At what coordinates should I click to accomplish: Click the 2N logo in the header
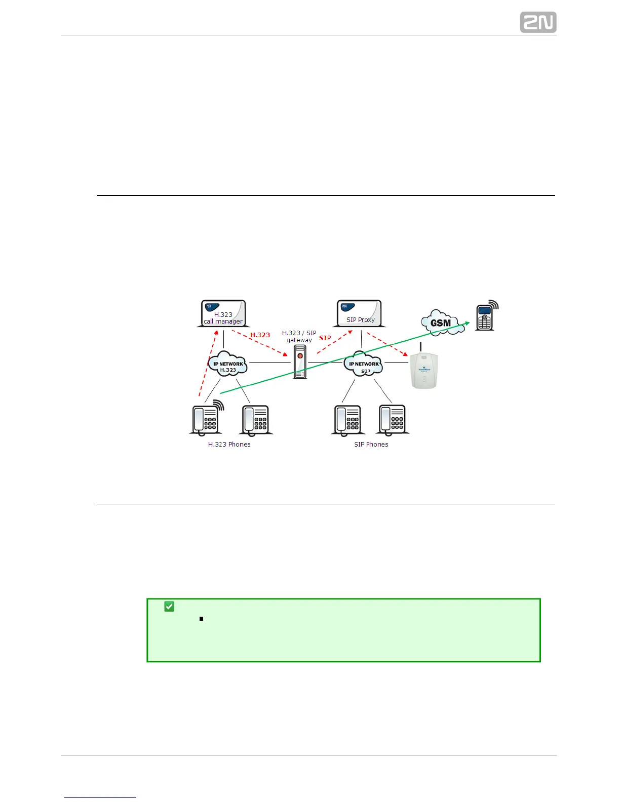pos(538,22)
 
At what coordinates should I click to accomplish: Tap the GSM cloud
pos(442,323)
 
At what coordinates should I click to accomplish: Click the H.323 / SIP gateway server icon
pos(300,362)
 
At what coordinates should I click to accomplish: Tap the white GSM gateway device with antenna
pos(424,370)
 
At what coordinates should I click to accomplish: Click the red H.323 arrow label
pos(260,335)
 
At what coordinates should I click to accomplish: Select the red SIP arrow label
pos(325,338)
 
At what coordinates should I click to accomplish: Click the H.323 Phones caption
pos(229,445)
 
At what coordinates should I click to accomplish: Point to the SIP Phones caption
pos(371,445)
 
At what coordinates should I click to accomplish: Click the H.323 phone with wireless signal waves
pos(206,419)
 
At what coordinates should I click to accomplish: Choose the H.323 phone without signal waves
pos(256,420)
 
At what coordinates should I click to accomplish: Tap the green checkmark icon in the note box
pos(169,606)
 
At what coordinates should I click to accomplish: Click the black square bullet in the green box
pos(201,619)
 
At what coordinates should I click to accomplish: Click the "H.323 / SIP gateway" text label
pos(299,337)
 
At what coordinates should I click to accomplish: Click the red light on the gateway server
pos(300,356)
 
